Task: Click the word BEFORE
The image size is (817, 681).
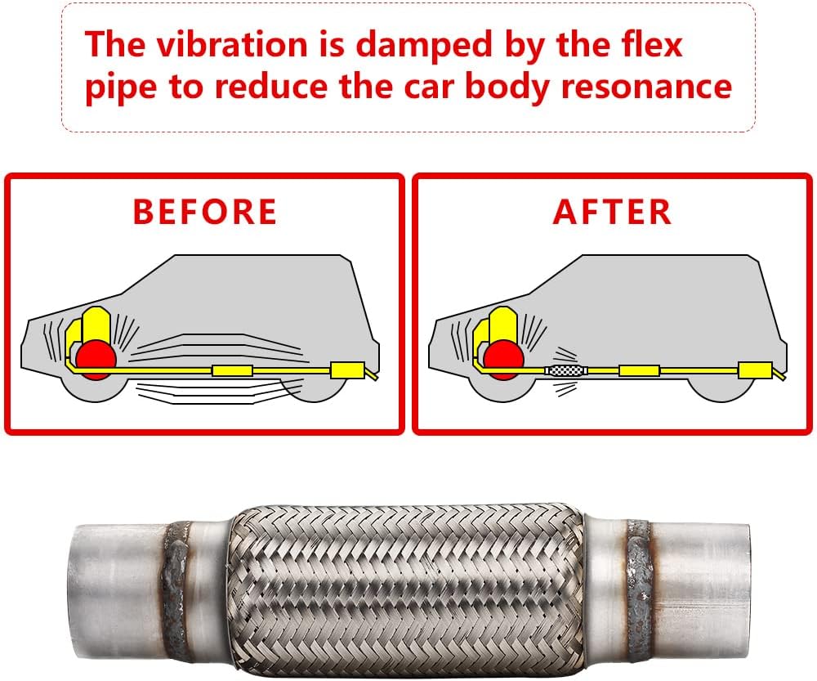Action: [x=204, y=212]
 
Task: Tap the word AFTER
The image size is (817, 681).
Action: [x=612, y=212]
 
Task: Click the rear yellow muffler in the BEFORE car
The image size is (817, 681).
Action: [x=346, y=370]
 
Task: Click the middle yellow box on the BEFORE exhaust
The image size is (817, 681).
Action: [x=232, y=370]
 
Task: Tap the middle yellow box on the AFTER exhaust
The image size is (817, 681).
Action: [x=639, y=370]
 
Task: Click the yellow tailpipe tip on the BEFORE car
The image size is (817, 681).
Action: [x=373, y=377]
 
